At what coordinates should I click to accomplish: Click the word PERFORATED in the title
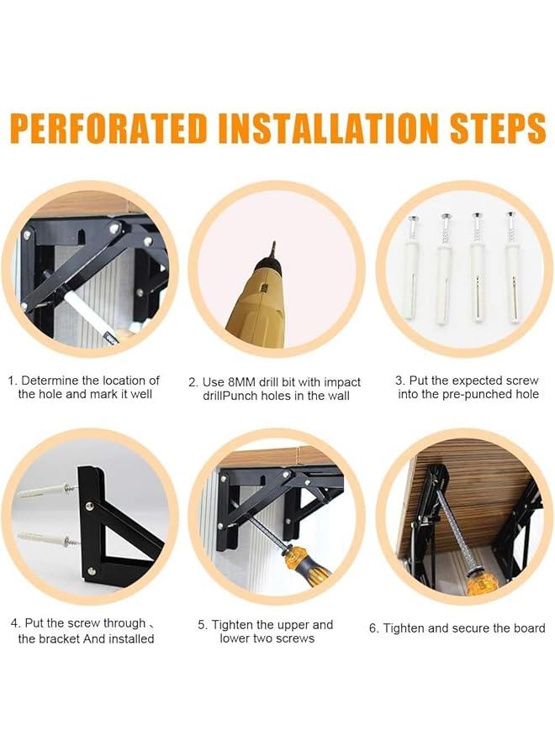tap(109, 129)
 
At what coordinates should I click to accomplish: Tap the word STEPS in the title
tap(498, 129)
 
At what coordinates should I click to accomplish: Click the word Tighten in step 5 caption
tap(232, 625)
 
